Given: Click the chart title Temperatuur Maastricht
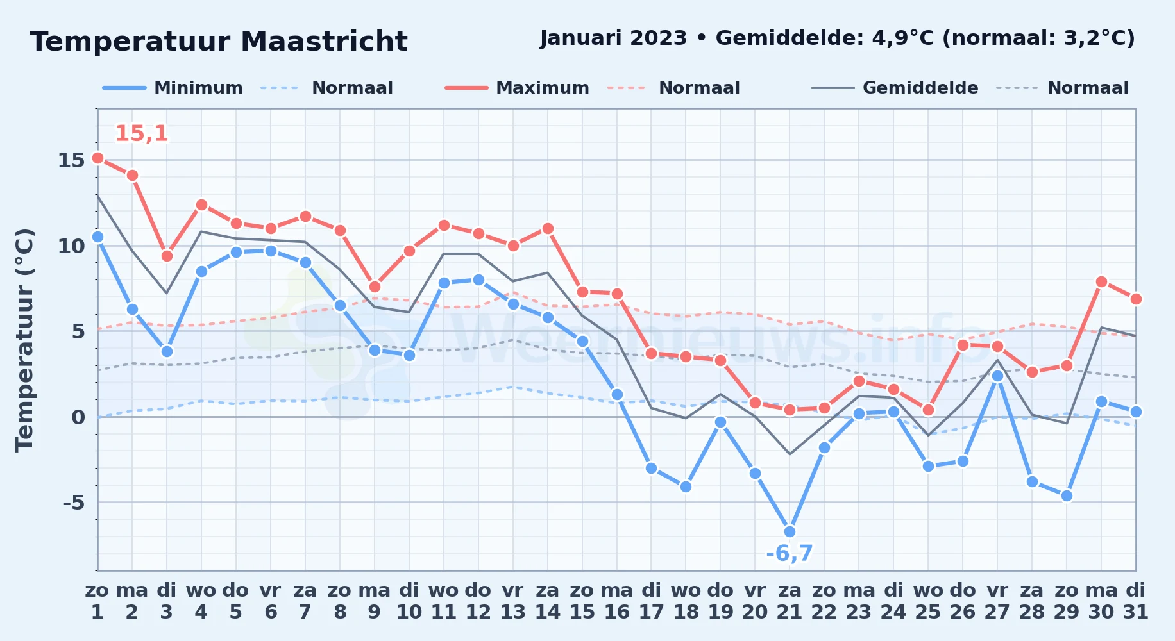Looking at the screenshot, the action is point(219,42).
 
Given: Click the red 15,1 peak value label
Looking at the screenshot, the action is point(142,133).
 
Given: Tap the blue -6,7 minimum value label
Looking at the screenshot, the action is point(790,553).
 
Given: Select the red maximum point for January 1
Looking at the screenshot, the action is point(97,158).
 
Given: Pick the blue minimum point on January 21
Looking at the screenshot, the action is point(790,531).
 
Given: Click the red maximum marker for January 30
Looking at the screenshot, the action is point(1101,281).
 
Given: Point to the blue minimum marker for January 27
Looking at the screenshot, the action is point(997,376).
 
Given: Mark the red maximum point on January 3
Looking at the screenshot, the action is point(167,256).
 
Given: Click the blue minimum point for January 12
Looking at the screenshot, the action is point(478,279).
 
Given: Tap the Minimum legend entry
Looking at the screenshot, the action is point(173,88).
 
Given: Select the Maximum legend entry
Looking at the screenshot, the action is point(517,88).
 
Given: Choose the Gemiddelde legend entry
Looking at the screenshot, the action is point(895,88).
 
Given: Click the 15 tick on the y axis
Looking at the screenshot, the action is point(71,160).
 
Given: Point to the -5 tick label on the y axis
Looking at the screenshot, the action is point(74,503).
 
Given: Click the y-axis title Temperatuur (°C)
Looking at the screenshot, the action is point(24,340).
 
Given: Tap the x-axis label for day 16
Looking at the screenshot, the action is point(617,601).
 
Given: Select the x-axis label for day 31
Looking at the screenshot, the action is point(1136,601).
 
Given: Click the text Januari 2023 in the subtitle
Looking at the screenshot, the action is point(613,38).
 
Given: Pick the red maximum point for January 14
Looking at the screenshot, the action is point(548,228).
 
